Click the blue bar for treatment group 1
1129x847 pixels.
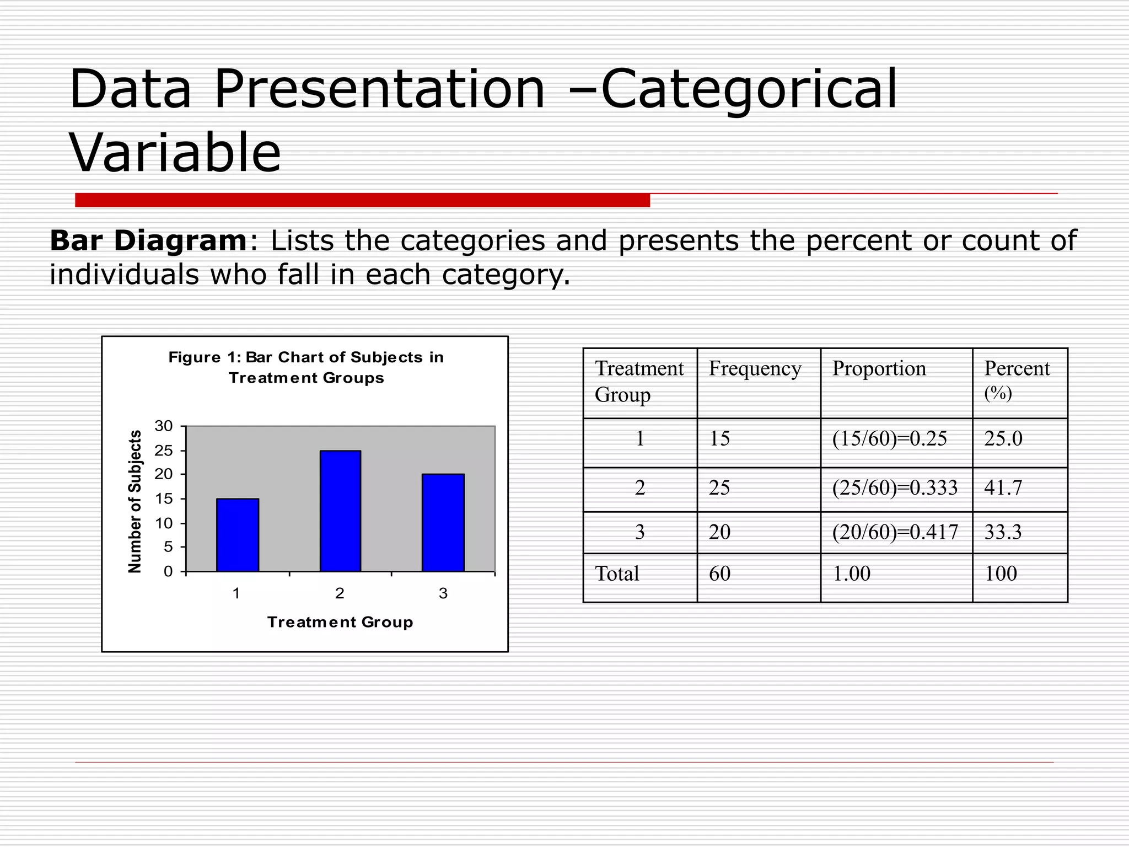pyautogui.click(x=238, y=535)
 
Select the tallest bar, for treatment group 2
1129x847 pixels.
pyautogui.click(x=340, y=511)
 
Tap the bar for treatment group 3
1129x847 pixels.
pyautogui.click(x=443, y=523)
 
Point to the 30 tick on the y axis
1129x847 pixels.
pyautogui.click(x=164, y=426)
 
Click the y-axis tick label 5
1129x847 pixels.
pyautogui.click(x=168, y=547)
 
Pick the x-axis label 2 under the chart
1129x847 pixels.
pyautogui.click(x=340, y=593)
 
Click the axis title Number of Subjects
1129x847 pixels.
pyautogui.click(x=135, y=501)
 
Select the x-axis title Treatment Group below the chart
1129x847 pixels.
pyautogui.click(x=340, y=622)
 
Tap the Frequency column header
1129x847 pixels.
pyautogui.click(x=755, y=368)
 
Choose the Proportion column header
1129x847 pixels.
pyautogui.click(x=879, y=368)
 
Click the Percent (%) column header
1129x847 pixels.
pyautogui.click(x=1017, y=379)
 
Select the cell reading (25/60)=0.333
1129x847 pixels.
pyautogui.click(x=895, y=487)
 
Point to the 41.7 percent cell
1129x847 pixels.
pyautogui.click(x=1003, y=487)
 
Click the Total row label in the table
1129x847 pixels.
pyautogui.click(x=617, y=573)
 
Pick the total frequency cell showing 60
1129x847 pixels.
pyautogui.click(x=719, y=573)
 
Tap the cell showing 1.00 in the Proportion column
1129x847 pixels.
pyautogui.click(x=851, y=573)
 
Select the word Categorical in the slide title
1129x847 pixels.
pyautogui.click(x=749, y=89)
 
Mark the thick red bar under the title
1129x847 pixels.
pyautogui.click(x=362, y=200)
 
